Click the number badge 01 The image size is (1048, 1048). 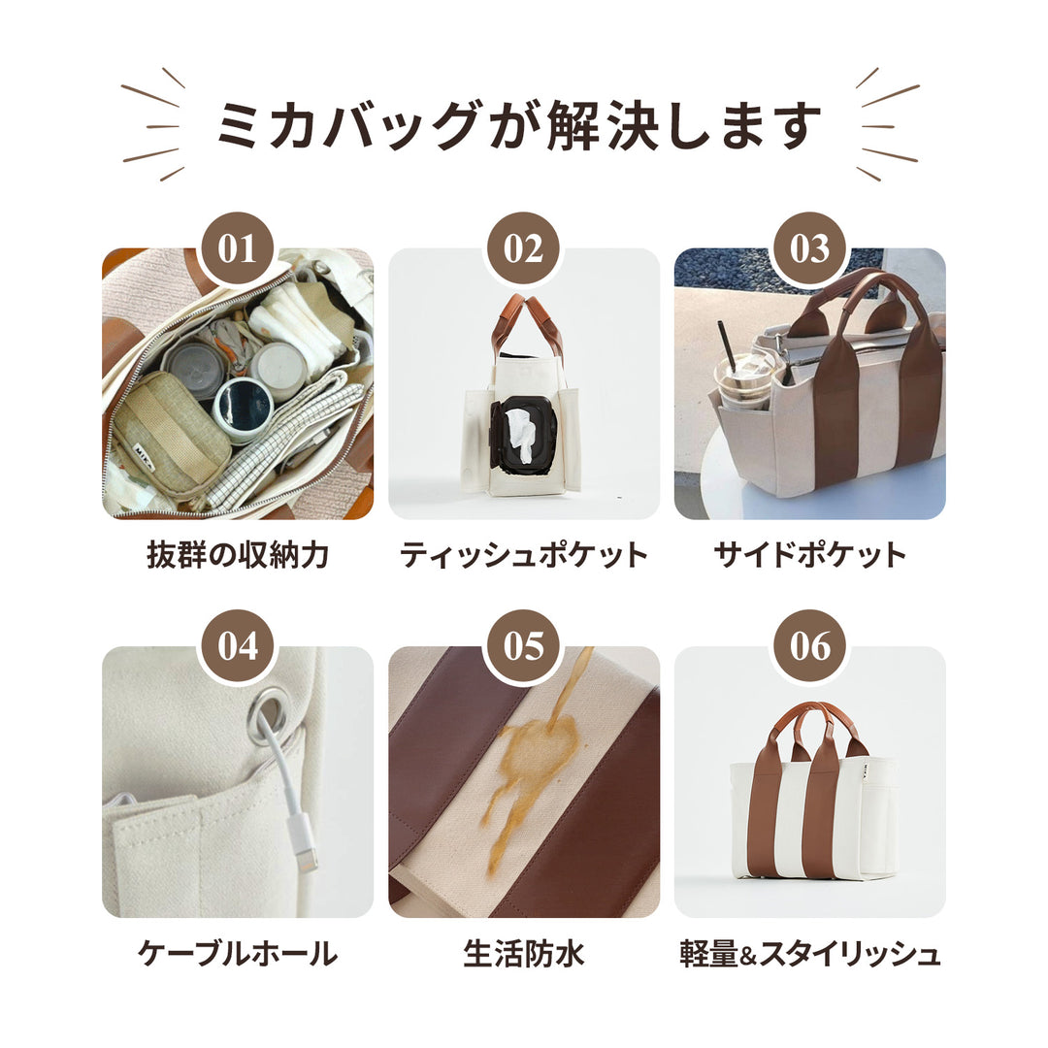click(x=238, y=248)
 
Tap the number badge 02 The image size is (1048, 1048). click(x=523, y=248)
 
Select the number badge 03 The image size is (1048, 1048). click(x=809, y=248)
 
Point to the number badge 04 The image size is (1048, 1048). click(x=238, y=646)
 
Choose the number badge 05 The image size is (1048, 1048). click(x=523, y=646)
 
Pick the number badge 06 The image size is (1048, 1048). click(x=809, y=646)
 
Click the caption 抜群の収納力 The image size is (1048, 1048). click(x=238, y=555)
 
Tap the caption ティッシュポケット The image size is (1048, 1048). click(x=524, y=555)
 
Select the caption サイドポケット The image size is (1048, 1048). click(x=809, y=555)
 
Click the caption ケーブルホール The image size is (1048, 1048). click(x=238, y=953)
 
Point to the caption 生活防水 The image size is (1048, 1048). click(x=524, y=953)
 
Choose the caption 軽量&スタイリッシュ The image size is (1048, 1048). click(x=809, y=953)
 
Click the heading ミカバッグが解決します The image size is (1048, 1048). click(x=519, y=125)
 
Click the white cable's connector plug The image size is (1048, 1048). click(x=303, y=848)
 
